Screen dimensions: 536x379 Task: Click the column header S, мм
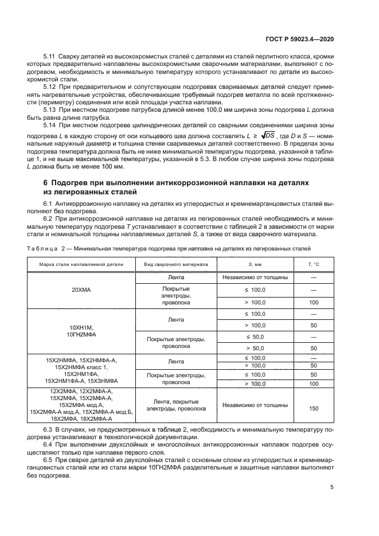(255, 264)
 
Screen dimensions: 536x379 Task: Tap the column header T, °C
(313, 264)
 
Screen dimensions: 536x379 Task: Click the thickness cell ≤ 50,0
(255, 337)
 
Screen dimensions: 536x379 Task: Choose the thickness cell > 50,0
(255, 348)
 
